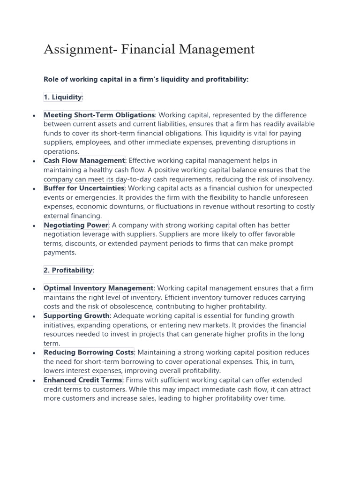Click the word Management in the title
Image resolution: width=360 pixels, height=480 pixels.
pyautogui.click(x=216, y=49)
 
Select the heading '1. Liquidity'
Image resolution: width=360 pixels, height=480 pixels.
pyautogui.click(x=63, y=97)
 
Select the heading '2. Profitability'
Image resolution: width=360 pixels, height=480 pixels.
pyautogui.click(x=68, y=270)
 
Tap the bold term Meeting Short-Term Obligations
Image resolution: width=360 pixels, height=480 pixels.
pyautogui.click(x=99, y=115)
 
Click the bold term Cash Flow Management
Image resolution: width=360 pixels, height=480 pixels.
pyautogui.click(x=84, y=161)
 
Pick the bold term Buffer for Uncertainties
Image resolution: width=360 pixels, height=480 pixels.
pyautogui.click(x=84, y=188)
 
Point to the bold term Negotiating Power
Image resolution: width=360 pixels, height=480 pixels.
pyautogui.click(x=76, y=225)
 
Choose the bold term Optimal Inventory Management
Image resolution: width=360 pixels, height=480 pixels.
pyautogui.click(x=98, y=288)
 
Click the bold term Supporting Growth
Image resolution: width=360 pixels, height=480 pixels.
pyautogui.click(x=76, y=315)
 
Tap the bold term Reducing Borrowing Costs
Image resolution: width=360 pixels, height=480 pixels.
pyautogui.click(x=89, y=352)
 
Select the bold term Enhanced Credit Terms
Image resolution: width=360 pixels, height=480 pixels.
pyautogui.click(x=82, y=380)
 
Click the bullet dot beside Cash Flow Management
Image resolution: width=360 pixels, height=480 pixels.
pyautogui.click(x=35, y=161)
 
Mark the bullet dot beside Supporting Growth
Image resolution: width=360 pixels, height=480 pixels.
pyautogui.click(x=35, y=316)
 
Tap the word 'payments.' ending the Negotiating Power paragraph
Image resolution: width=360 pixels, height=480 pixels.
pyautogui.click(x=60, y=252)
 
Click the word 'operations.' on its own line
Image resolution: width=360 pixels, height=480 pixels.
pyautogui.click(x=61, y=151)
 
